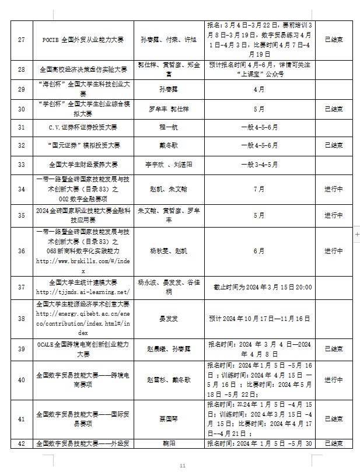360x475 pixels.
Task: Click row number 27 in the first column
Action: (x=22, y=40)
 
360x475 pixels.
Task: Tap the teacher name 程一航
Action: (x=166, y=127)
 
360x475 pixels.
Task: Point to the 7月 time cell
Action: (x=259, y=189)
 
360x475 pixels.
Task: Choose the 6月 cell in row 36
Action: (x=259, y=251)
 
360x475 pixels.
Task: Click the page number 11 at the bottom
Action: (x=183, y=466)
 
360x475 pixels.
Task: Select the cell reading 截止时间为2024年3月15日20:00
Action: (x=259, y=287)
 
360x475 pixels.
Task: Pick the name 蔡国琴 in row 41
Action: (x=167, y=418)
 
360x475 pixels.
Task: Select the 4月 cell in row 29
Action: (x=259, y=89)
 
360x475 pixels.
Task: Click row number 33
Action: (x=22, y=164)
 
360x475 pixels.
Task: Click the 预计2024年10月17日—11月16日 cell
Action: (x=259, y=319)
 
